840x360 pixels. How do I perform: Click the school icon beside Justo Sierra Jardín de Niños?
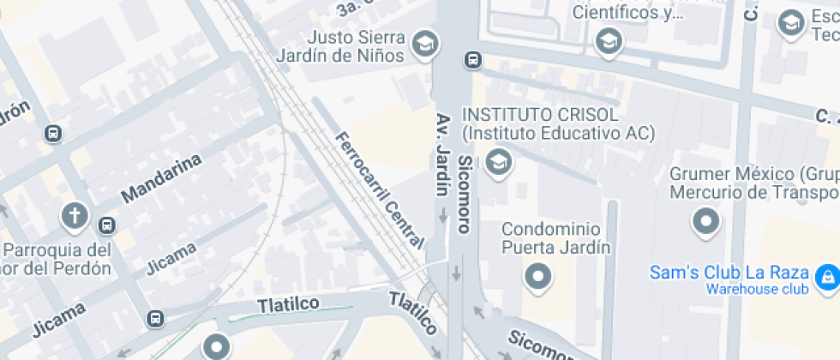[425, 42]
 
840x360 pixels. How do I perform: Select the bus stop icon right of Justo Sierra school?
[472, 60]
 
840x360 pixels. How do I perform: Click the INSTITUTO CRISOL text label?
[540, 115]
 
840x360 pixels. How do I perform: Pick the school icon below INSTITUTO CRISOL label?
[497, 160]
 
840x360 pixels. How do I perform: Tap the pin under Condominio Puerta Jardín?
[538, 276]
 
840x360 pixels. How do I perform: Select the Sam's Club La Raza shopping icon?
[827, 275]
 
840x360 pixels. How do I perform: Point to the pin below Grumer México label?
[705, 222]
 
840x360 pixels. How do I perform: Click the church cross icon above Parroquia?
[75, 215]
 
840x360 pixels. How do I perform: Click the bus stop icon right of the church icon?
[106, 225]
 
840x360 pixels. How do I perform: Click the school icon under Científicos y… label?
[609, 40]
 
